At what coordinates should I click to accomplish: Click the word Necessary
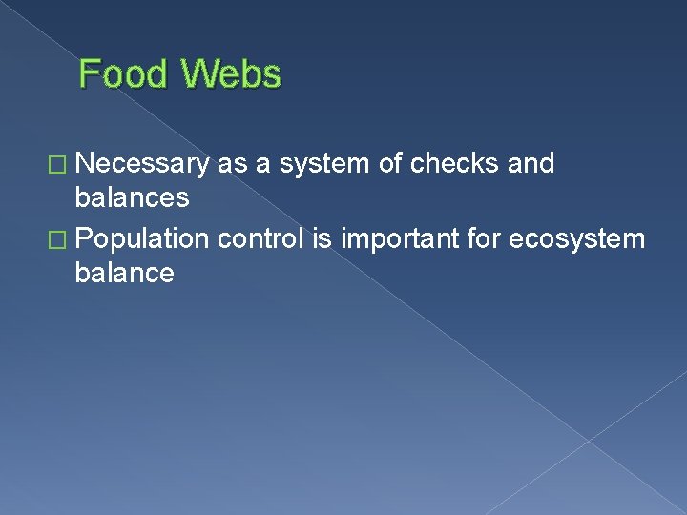coord(142,164)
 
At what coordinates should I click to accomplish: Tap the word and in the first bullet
coord(531,164)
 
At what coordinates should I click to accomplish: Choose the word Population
coord(142,237)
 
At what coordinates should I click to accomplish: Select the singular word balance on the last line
coord(125,274)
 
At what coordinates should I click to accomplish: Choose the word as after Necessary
coord(230,164)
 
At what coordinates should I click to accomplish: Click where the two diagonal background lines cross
coord(589,441)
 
